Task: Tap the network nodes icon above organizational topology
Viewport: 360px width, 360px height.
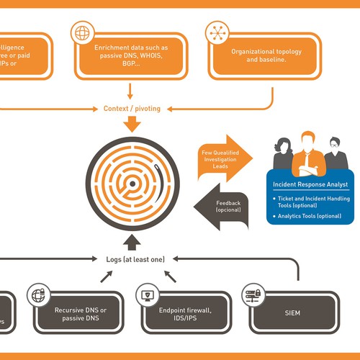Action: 215,32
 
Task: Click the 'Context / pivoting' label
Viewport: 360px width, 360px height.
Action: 132,109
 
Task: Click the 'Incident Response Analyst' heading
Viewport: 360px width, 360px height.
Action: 310,184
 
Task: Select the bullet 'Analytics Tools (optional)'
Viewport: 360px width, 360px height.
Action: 311,215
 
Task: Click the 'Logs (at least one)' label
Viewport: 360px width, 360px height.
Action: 132,257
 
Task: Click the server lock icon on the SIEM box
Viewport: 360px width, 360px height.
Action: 253,294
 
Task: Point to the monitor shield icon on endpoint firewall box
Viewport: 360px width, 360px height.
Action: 148,294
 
